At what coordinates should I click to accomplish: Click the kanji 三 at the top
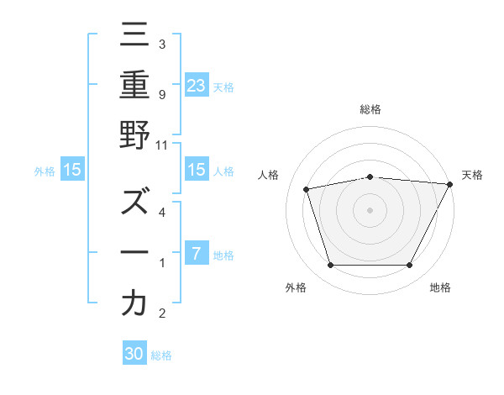[134, 36]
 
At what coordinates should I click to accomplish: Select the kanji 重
[134, 86]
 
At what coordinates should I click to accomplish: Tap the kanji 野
[134, 135]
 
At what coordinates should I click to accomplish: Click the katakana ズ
[134, 203]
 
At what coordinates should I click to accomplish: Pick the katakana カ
[134, 303]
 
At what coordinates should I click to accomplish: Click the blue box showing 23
[197, 86]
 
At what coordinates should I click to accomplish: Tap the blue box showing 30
[134, 355]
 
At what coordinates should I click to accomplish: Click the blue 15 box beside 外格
[72, 171]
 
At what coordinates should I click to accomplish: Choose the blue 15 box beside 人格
[196, 171]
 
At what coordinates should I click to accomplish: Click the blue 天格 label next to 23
[223, 87]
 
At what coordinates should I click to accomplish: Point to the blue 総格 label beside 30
[161, 355]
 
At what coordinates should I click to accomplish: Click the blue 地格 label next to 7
[223, 255]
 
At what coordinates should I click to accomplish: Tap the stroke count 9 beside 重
[161, 94]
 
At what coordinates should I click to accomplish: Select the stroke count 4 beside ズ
[161, 212]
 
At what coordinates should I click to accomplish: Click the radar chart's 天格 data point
[450, 184]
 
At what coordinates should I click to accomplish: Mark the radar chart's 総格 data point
[370, 176]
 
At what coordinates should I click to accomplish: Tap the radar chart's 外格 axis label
[296, 288]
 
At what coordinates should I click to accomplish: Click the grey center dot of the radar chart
[370, 209]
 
